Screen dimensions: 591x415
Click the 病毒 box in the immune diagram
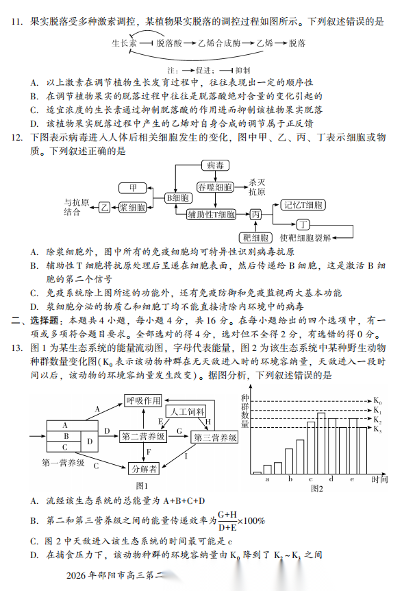[x=215, y=165]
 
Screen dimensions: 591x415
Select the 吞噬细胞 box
[x=215, y=186]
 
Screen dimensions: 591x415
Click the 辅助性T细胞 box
[x=211, y=215]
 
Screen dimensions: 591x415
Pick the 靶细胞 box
[x=255, y=237]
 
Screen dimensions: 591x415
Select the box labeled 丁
[x=303, y=224]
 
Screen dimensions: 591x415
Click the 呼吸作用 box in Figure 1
[x=143, y=400]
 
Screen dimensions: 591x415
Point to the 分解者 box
[x=144, y=468]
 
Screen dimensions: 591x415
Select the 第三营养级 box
[x=215, y=437]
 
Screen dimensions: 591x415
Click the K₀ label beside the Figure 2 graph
[x=377, y=400]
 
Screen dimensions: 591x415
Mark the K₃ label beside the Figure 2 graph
[x=377, y=429]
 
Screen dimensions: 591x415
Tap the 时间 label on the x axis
[x=380, y=479]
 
